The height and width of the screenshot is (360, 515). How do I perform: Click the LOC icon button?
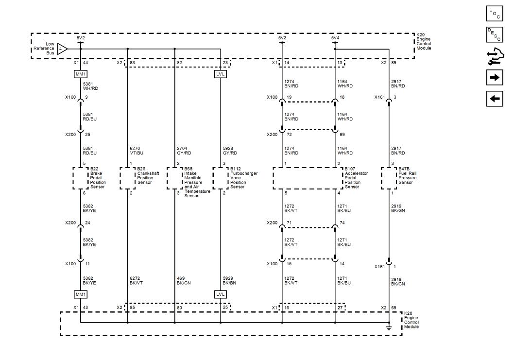tap(494, 14)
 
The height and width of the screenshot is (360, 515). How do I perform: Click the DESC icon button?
tap(494, 34)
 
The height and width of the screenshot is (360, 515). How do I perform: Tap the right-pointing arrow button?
tap(494, 78)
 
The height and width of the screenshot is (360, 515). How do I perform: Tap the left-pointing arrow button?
tap(494, 99)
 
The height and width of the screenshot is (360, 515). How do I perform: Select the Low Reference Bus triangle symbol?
tap(62, 49)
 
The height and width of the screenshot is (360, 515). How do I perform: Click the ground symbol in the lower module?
tap(389, 328)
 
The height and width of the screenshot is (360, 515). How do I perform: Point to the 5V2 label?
tap(81, 38)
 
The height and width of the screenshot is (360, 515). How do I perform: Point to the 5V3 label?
tap(282, 38)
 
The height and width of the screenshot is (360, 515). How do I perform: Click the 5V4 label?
tap(335, 38)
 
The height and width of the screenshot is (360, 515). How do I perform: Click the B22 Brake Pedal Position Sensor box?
tap(81, 178)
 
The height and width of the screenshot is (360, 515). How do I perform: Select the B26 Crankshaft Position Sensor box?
tap(127, 178)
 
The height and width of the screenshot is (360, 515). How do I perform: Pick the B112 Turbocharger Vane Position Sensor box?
tap(221, 178)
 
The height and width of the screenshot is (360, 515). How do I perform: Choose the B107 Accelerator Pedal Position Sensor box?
tap(308, 178)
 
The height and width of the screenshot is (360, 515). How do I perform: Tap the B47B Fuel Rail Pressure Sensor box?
tap(389, 178)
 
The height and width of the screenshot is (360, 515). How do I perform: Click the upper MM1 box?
tap(81, 74)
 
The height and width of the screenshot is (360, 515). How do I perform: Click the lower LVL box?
tap(221, 294)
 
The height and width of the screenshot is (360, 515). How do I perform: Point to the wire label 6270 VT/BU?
tap(137, 151)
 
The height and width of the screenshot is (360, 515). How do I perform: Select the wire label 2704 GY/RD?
tap(184, 151)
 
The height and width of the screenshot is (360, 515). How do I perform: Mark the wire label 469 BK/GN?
tap(184, 280)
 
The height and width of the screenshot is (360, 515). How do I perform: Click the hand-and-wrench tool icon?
tap(494, 56)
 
